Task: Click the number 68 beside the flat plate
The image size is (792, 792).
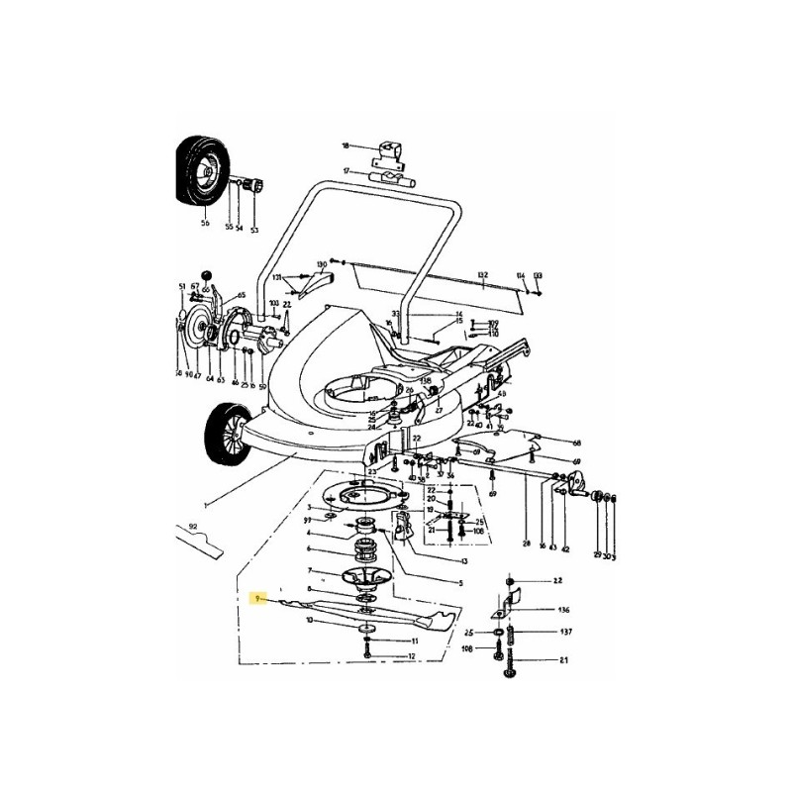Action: tap(576, 443)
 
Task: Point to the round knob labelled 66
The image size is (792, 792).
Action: tap(207, 274)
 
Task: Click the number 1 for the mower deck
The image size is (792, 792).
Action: tap(205, 505)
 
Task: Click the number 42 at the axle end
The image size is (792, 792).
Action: tap(565, 547)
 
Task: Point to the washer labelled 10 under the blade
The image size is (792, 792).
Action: tap(367, 628)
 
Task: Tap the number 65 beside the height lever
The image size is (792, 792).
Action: tap(240, 295)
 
